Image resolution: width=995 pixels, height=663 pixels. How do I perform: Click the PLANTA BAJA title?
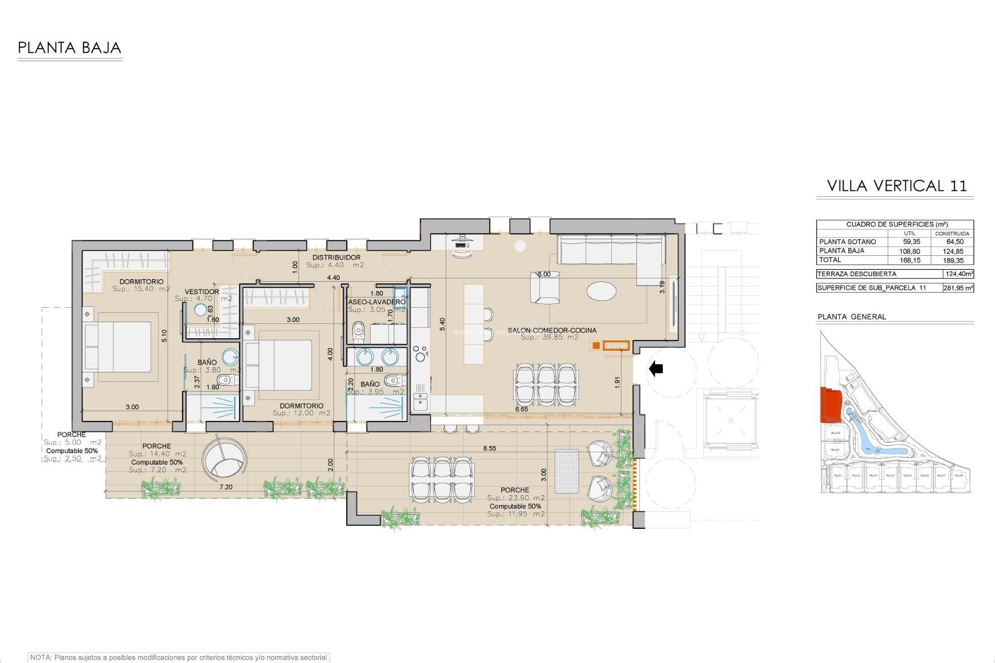click(x=69, y=48)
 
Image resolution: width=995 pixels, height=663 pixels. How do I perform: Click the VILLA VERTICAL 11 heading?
click(x=897, y=186)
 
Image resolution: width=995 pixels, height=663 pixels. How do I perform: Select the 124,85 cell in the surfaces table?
click(x=953, y=251)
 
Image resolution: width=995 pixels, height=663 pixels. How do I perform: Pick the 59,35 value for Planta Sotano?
click(x=911, y=242)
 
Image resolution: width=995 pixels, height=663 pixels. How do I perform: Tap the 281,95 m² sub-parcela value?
click(x=958, y=288)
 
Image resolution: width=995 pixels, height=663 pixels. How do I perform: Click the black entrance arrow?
click(x=656, y=369)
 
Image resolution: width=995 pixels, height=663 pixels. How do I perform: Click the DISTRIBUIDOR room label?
click(x=336, y=257)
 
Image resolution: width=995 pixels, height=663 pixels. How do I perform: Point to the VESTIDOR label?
click(x=202, y=292)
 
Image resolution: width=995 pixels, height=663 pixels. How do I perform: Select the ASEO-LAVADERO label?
click(x=377, y=302)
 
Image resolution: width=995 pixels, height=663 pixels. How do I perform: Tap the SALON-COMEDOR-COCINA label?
click(x=552, y=330)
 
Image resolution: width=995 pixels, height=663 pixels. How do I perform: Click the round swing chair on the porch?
click(x=224, y=461)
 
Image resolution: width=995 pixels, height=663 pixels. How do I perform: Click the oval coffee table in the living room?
click(x=602, y=290)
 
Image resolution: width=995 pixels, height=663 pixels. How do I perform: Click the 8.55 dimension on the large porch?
click(x=489, y=449)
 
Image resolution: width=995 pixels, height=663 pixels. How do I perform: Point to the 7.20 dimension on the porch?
click(x=226, y=487)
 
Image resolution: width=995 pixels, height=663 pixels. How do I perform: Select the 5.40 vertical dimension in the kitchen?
click(x=442, y=324)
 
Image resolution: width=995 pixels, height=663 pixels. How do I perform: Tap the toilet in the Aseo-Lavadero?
click(x=358, y=332)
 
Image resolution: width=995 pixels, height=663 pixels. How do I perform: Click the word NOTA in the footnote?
click(x=40, y=658)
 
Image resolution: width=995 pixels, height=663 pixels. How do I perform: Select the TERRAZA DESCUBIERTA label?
click(x=857, y=274)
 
